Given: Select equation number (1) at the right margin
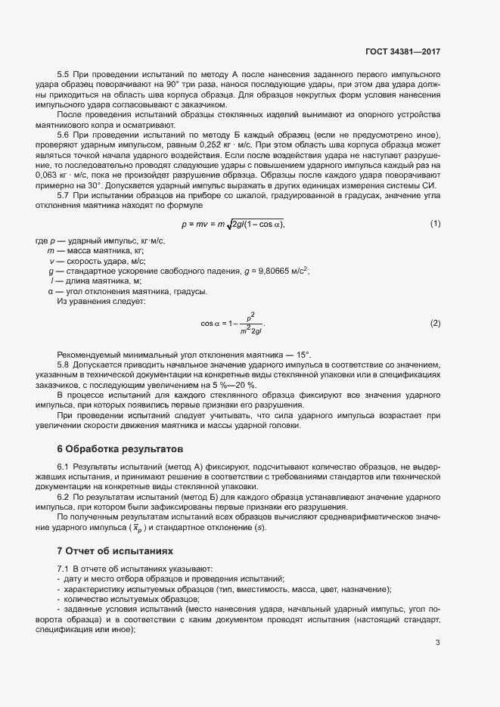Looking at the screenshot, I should [435, 223].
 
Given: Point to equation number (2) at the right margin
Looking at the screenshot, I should [435, 324].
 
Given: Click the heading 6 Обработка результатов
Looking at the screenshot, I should [115, 448].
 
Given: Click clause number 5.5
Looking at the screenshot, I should [64, 76].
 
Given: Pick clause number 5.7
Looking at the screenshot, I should [64, 194].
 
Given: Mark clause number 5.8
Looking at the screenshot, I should [64, 364].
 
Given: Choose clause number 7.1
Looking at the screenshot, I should [64, 568].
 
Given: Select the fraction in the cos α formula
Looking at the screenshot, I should [250, 324].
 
